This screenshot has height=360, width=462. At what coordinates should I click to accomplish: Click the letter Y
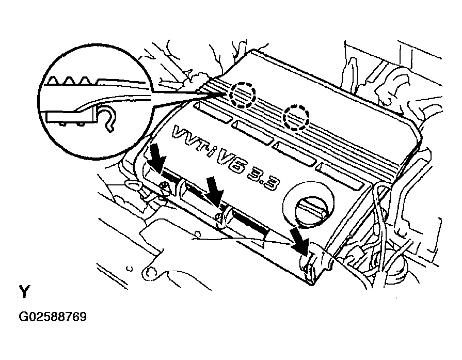click(x=24, y=292)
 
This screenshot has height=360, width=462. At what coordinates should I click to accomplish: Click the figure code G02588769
click(x=53, y=317)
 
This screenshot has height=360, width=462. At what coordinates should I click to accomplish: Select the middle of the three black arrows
click(x=215, y=192)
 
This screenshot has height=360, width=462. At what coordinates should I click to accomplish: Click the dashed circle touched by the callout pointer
click(x=242, y=95)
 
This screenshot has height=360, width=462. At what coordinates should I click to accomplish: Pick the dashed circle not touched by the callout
click(x=296, y=117)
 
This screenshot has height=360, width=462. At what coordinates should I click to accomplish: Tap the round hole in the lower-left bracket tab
click(x=151, y=270)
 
